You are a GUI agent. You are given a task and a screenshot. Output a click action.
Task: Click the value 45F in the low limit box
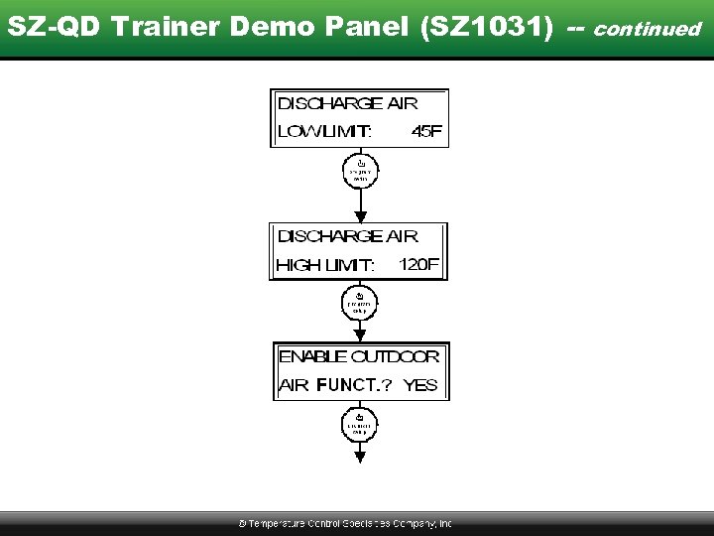click(426, 131)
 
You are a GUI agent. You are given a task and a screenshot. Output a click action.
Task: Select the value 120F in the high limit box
click(418, 265)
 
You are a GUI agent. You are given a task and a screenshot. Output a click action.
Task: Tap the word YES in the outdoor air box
click(420, 385)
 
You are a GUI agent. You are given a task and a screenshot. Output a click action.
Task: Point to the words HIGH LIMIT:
click(325, 265)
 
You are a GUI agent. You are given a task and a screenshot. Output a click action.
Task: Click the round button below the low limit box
click(360, 171)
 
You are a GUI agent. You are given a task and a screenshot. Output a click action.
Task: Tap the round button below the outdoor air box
click(360, 427)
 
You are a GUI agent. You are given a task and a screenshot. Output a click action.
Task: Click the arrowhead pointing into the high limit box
click(360, 215)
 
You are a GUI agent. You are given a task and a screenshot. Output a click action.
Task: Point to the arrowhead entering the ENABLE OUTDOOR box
click(360, 335)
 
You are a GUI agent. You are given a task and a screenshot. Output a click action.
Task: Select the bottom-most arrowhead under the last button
click(360, 456)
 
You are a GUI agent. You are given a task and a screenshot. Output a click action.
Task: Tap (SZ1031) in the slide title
click(486, 27)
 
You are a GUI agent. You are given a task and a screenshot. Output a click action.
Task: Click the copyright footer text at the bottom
click(345, 523)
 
